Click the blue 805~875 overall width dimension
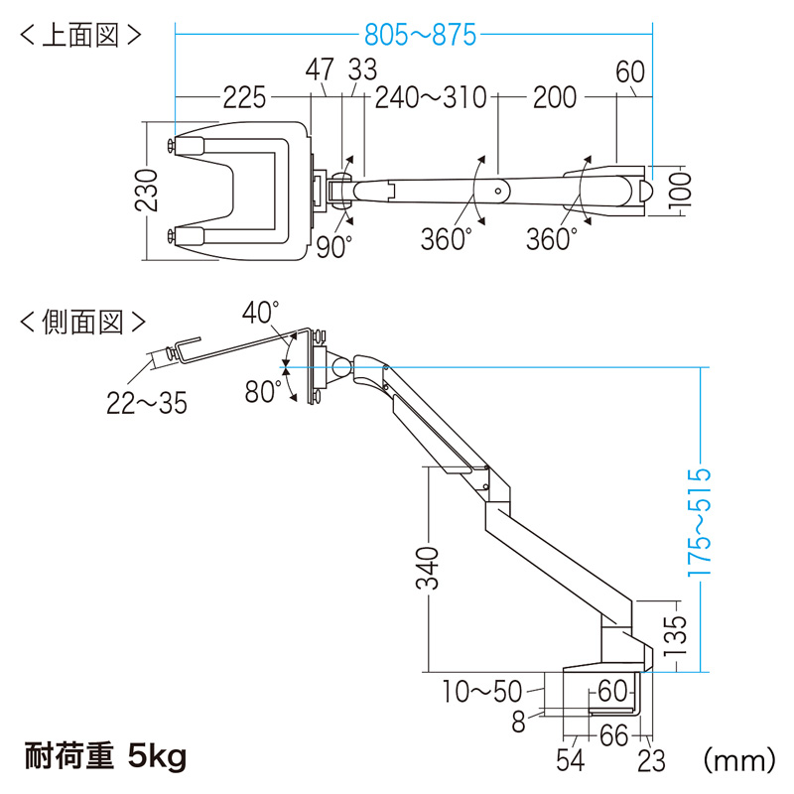pyautogui.click(x=420, y=37)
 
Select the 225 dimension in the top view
pyautogui.click(x=244, y=97)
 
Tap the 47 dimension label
pyautogui.click(x=319, y=70)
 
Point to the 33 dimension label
pyautogui.click(x=363, y=70)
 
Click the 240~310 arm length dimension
pyautogui.click(x=431, y=97)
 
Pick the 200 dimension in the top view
pyautogui.click(x=554, y=97)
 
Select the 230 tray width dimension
pyautogui.click(x=147, y=192)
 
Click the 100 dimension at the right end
pyautogui.click(x=678, y=189)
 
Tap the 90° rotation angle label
pyautogui.click(x=335, y=246)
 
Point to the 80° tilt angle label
pyautogui.click(x=264, y=393)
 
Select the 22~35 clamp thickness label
pyautogui.click(x=147, y=404)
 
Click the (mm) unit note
pyautogui.click(x=737, y=759)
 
